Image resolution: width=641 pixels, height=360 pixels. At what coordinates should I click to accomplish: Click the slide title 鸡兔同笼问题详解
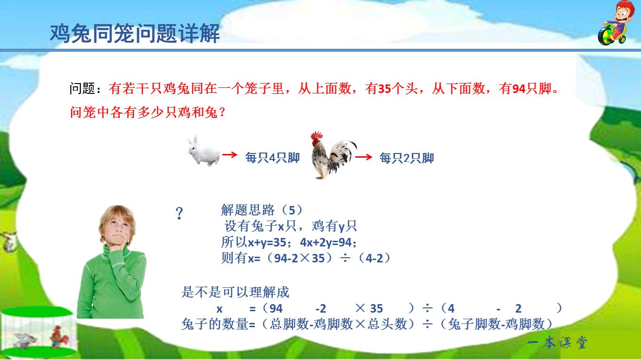pyautogui.click(x=135, y=34)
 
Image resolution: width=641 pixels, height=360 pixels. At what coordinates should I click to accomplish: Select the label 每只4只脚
pyautogui.click(x=272, y=158)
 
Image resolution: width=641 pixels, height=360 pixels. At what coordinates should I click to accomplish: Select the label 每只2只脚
pyautogui.click(x=407, y=158)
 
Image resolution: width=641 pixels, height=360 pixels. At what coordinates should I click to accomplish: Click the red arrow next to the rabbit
pyautogui.click(x=229, y=154)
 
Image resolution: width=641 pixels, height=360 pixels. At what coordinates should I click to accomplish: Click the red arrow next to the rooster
pyautogui.click(x=363, y=157)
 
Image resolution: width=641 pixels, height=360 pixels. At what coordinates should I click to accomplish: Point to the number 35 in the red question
pyautogui.click(x=384, y=89)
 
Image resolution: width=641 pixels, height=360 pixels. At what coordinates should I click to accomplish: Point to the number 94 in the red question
pyautogui.click(x=518, y=89)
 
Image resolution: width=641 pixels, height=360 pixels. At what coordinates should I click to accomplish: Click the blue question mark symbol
pyautogui.click(x=179, y=214)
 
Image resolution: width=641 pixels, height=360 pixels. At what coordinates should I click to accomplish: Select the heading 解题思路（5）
pyautogui.click(x=262, y=209)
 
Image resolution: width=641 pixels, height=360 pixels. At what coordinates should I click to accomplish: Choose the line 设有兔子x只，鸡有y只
pyautogui.click(x=290, y=226)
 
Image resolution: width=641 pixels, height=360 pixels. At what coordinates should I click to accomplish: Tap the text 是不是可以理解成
pyautogui.click(x=235, y=292)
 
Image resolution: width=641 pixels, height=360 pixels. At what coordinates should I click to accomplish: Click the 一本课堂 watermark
pyautogui.click(x=557, y=343)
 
